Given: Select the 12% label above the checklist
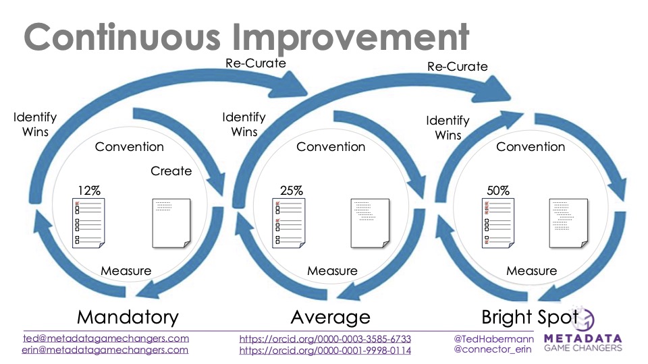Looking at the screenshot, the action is click(89, 191).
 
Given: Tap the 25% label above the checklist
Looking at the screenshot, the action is click(292, 191).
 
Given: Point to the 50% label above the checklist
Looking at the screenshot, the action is click(498, 191).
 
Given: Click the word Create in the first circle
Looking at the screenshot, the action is click(171, 171).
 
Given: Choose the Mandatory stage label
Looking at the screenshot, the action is click(128, 317).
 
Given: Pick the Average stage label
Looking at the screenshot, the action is click(331, 317).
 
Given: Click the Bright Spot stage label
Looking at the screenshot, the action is click(530, 317).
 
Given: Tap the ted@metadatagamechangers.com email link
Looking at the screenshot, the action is click(106, 338).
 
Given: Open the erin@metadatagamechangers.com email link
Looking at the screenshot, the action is click(105, 350).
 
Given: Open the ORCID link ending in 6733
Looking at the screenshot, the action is click(325, 339).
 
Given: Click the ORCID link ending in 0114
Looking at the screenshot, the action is click(325, 351).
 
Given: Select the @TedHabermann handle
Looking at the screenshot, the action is click(494, 339).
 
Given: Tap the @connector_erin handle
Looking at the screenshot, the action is click(493, 350).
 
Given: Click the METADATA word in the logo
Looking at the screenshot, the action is click(583, 338).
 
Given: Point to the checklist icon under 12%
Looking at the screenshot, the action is click(88, 223).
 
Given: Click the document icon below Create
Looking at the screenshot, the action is click(171, 223).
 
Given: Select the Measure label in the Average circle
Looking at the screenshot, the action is click(332, 271).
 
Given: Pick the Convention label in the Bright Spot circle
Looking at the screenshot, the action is click(531, 146).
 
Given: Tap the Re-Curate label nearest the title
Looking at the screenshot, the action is click(256, 63).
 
